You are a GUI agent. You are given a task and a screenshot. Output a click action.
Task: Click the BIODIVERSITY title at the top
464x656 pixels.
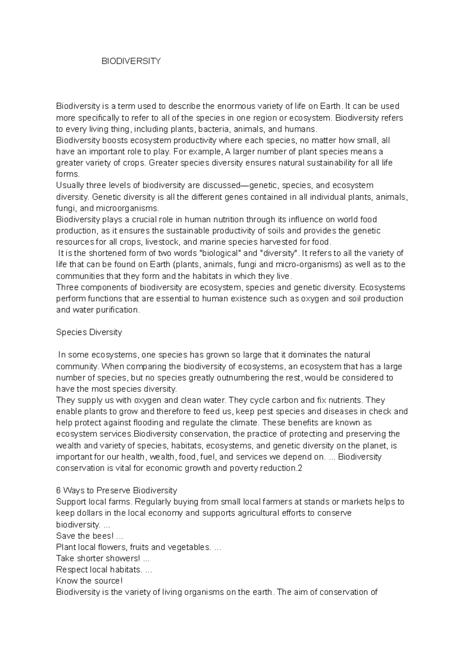(x=131, y=61)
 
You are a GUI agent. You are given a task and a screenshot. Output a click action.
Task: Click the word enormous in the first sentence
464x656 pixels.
(x=235, y=106)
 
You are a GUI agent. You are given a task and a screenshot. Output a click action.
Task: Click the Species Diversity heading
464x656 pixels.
(x=89, y=333)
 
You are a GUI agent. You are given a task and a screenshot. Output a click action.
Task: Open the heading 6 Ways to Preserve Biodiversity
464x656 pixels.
(x=116, y=491)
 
